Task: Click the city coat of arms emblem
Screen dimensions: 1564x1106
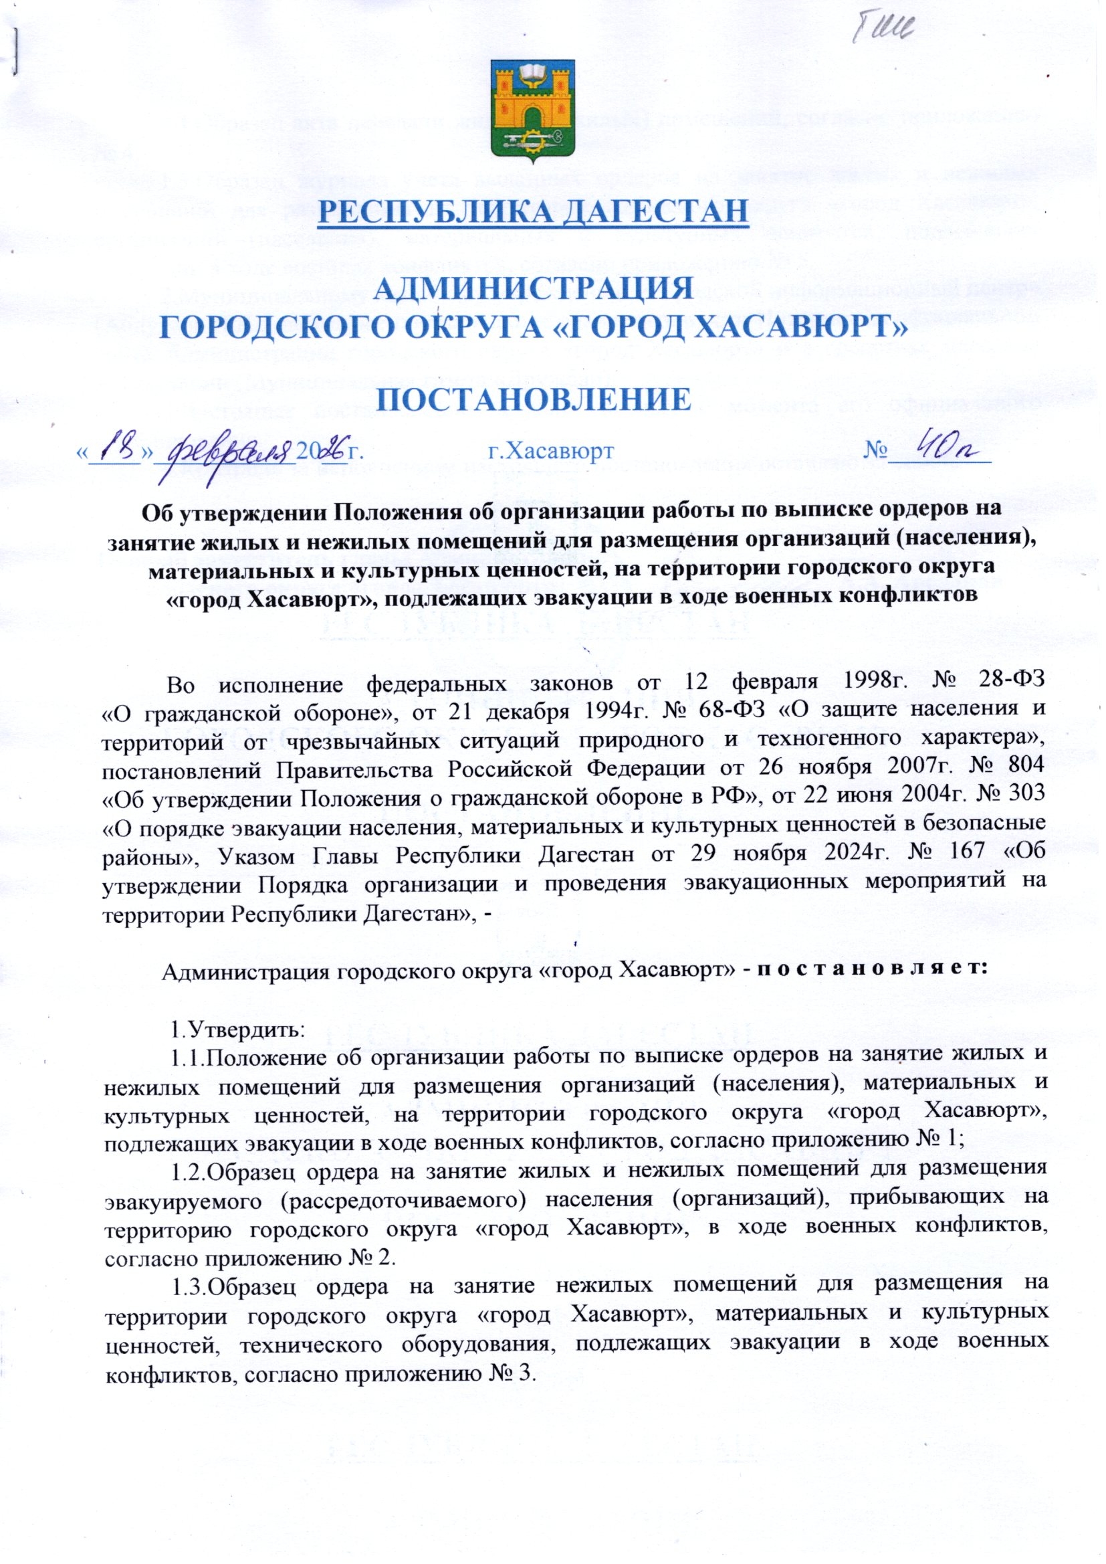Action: click(x=532, y=110)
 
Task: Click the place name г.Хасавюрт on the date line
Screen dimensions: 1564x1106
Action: click(x=551, y=450)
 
